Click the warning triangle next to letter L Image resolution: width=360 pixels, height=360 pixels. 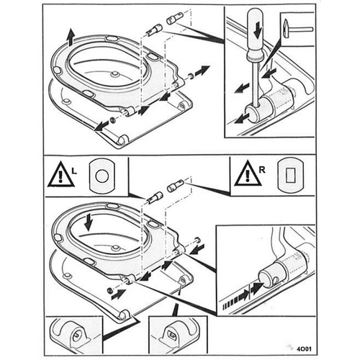click(x=60, y=175)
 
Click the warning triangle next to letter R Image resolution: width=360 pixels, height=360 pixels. click(x=244, y=175)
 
